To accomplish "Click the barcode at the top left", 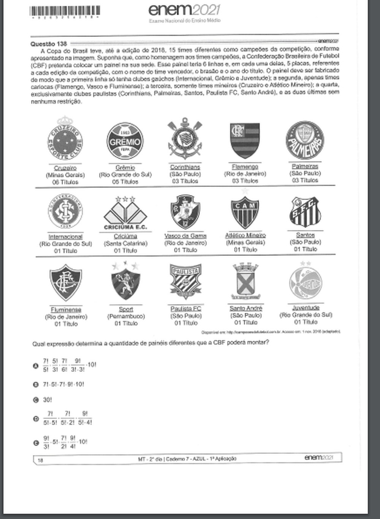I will tap(65, 11).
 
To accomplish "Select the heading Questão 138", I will tap(49, 43).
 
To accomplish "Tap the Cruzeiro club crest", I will tap(65, 140).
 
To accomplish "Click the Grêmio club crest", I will tap(125, 141).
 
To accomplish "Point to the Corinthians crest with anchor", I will tap(185, 138).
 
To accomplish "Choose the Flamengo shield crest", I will tap(245, 140).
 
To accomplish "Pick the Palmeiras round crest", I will tap(305, 140).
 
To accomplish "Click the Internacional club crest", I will tap(65, 211).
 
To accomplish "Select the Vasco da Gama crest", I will tap(185, 212).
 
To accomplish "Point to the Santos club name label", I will tap(305, 235).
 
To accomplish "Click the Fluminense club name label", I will tap(66, 309).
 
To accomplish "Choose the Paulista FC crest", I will tap(185, 282).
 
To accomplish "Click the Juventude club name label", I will tap(306, 307).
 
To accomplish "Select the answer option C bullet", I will tap(36, 400).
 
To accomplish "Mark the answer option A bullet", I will tap(36, 366).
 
